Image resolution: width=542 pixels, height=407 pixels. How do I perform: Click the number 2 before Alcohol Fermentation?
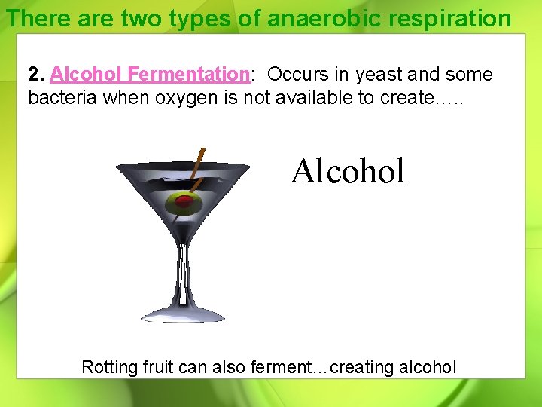pyautogui.click(x=33, y=75)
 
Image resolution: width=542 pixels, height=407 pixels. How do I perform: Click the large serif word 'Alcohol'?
pyautogui.click(x=348, y=171)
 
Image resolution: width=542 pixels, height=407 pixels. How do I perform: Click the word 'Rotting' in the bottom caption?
pyautogui.click(x=110, y=367)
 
